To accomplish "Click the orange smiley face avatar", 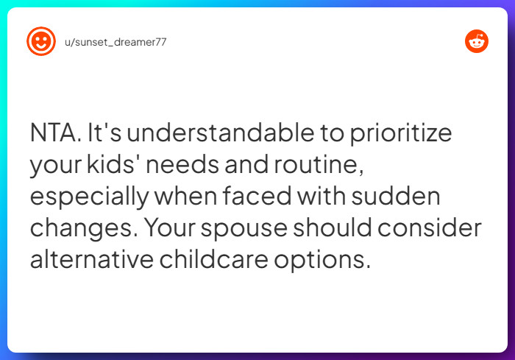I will click(x=41, y=41).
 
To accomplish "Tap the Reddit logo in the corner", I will click(x=477, y=41).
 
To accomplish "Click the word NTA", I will click(x=54, y=134).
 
